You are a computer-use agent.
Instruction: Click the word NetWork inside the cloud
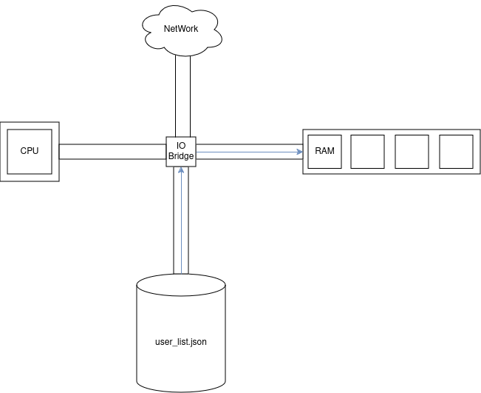point(181,29)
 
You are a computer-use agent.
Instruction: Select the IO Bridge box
point(181,151)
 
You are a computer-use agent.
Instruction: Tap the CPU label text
point(30,151)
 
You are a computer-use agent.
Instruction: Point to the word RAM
point(324,151)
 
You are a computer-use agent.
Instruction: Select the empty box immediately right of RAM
point(368,152)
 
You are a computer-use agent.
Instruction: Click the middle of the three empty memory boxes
point(412,152)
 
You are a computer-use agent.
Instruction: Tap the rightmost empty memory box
point(456,152)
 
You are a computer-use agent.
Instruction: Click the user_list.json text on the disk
point(181,344)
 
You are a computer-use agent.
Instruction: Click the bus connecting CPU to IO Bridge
point(111,151)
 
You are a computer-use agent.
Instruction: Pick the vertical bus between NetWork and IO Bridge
point(182,96)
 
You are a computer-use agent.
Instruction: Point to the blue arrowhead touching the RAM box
point(301,152)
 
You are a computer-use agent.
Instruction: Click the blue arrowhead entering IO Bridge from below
point(181,169)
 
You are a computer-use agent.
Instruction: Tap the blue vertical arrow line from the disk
point(181,222)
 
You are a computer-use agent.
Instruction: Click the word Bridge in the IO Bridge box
point(181,156)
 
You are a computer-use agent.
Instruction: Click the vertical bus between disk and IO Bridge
point(176,222)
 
